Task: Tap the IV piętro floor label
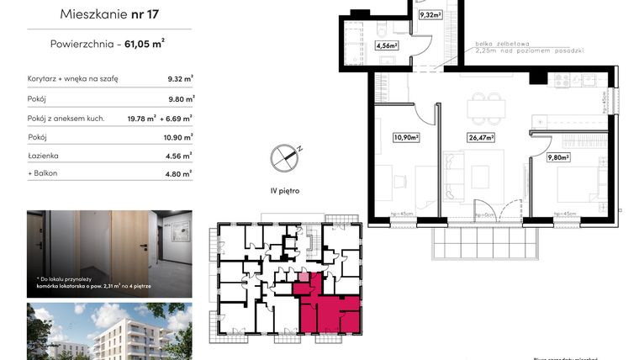286,191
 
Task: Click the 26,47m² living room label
480,136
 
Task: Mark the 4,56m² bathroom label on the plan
386,47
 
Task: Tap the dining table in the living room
486,108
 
